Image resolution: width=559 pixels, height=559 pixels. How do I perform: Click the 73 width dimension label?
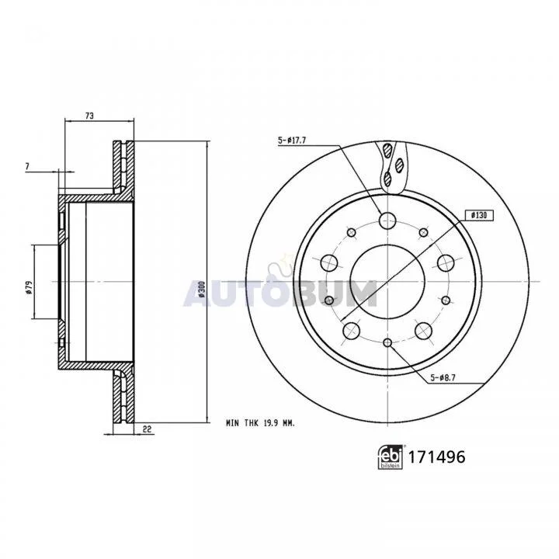click(89, 116)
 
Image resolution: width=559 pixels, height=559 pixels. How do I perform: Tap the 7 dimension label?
click(27, 166)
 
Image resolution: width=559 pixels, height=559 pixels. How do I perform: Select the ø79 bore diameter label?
click(30, 287)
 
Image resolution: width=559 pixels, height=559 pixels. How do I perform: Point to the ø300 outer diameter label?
click(202, 289)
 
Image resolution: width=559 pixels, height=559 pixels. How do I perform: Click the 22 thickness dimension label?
click(147, 429)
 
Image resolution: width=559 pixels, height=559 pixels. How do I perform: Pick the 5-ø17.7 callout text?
click(292, 141)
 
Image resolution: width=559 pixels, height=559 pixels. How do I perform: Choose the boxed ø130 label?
click(479, 215)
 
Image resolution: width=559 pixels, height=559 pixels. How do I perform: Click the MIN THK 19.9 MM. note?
click(261, 424)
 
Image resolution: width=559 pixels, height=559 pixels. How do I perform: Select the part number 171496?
click(436, 457)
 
